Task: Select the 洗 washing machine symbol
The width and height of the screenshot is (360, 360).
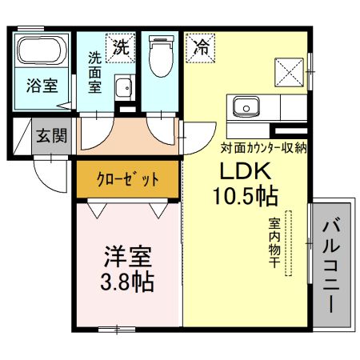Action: pyautogui.click(x=120, y=47)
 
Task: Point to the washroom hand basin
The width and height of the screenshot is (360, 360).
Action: pyautogui.click(x=122, y=87)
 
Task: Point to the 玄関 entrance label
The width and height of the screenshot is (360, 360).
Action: pyautogui.click(x=50, y=135)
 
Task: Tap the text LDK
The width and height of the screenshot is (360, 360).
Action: pyautogui.click(x=247, y=172)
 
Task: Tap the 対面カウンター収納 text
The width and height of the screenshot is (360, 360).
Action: pyautogui.click(x=264, y=147)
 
